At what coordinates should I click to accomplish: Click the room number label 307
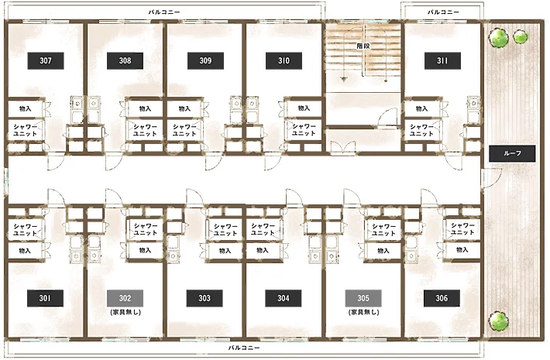(46, 60)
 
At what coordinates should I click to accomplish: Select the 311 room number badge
(442, 60)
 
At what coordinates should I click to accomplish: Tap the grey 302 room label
(125, 298)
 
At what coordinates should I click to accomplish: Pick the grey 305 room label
(363, 298)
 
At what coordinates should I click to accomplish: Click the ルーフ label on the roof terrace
(512, 153)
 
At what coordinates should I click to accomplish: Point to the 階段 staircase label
(363, 46)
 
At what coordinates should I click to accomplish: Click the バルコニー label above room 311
(443, 12)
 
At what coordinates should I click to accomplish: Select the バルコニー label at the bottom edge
(244, 348)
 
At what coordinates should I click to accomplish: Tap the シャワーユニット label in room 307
(26, 130)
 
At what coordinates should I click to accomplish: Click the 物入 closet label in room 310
(304, 108)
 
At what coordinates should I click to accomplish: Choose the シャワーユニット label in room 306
(462, 228)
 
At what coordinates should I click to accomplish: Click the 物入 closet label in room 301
(25, 251)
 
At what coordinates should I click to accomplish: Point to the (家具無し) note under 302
(125, 312)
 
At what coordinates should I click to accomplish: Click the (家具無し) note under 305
(364, 312)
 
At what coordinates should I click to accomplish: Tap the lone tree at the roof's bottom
(498, 321)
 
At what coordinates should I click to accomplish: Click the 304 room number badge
(284, 298)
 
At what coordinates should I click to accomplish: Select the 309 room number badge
(205, 60)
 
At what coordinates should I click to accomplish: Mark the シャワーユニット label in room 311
(421, 130)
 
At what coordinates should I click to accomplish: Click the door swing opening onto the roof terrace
(492, 178)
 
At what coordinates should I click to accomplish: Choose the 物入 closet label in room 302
(145, 250)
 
